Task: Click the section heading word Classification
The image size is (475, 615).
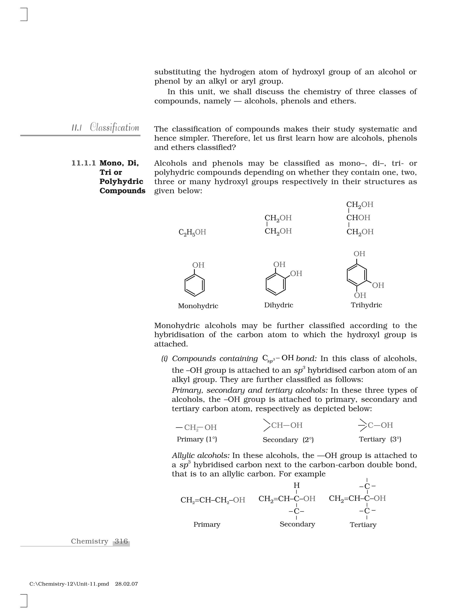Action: pyautogui.click(x=114, y=128)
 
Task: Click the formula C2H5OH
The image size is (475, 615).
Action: pyautogui.click(x=192, y=232)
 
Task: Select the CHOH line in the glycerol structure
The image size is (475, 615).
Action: pyautogui.click(x=358, y=218)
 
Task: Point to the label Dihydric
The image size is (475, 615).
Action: pyautogui.click(x=279, y=305)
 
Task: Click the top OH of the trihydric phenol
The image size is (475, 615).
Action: pyautogui.click(x=359, y=254)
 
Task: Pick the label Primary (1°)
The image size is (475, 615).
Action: pyautogui.click(x=197, y=439)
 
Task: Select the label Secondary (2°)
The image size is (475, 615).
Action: pyautogui.click(x=288, y=440)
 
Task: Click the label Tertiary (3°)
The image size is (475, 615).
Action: pyautogui.click(x=380, y=439)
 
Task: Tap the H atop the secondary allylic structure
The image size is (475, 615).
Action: pyautogui.click(x=297, y=485)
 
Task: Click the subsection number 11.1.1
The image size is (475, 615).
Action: pyautogui.click(x=83, y=163)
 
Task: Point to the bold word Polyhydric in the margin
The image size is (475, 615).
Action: pyautogui.click(x=121, y=181)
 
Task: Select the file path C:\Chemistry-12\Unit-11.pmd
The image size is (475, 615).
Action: pyautogui.click(x=69, y=584)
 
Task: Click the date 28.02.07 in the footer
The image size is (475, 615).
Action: pyautogui.click(x=126, y=584)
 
